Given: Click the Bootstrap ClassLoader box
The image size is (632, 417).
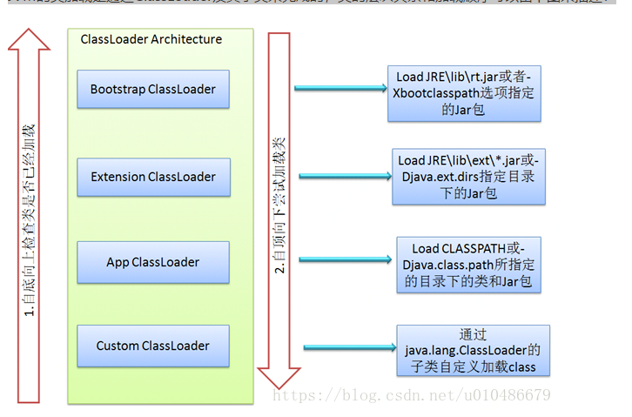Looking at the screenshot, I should pyautogui.click(x=153, y=90).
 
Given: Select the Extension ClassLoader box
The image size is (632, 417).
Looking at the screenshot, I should pyautogui.click(x=153, y=177).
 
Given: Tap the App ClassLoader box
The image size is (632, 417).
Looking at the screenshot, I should pyautogui.click(x=153, y=262).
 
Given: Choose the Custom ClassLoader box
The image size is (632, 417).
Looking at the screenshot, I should pyautogui.click(x=153, y=346).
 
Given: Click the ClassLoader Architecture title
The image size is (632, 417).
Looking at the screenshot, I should pyautogui.click(x=151, y=39).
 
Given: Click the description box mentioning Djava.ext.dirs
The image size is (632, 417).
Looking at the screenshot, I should pyautogui.click(x=468, y=176).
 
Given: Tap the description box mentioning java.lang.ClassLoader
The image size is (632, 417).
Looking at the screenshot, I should pyautogui.click(x=473, y=351).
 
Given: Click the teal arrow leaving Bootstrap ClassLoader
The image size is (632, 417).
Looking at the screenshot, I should pyautogui.click(x=340, y=87).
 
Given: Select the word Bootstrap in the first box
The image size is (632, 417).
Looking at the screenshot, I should pyautogui.click(x=118, y=90).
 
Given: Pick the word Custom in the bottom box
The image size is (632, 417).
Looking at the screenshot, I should pyautogui.click(x=118, y=346).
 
